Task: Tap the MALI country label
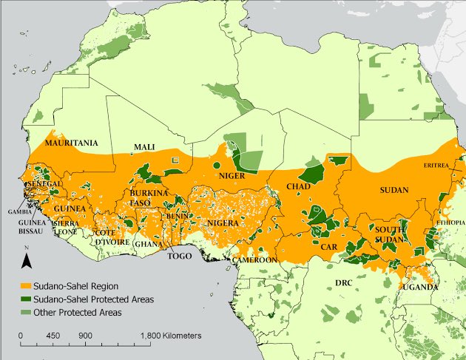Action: [144, 148]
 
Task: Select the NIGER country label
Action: [232, 176]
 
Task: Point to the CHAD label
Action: [298, 187]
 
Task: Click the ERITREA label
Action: [436, 166]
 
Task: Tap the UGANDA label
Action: [419, 287]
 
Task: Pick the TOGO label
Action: [180, 257]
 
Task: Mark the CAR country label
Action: [329, 248]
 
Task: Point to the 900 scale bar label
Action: [84, 336]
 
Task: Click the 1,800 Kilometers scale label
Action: [171, 336]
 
